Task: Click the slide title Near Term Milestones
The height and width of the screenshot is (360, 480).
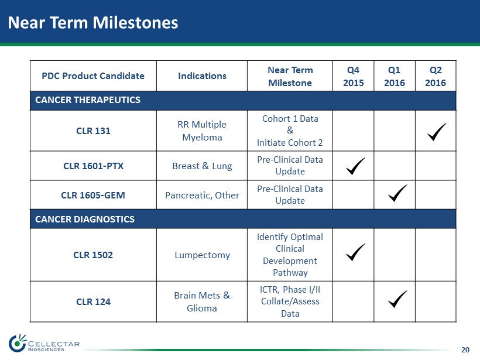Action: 92,23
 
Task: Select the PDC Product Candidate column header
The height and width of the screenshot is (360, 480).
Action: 93,76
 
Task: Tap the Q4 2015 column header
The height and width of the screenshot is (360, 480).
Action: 353,76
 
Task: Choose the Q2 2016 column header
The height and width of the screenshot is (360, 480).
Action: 436,76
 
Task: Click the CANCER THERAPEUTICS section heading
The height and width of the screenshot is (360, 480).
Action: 88,100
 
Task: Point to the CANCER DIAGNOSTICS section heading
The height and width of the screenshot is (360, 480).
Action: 85,219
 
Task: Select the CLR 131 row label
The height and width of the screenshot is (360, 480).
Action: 94,131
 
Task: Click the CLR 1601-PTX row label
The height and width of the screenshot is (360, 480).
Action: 94,166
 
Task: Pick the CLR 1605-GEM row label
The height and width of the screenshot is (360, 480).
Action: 93,195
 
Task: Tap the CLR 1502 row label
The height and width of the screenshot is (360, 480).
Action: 93,255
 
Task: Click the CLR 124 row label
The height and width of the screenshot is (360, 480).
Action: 94,301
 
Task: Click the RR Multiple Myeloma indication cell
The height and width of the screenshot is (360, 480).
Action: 202,131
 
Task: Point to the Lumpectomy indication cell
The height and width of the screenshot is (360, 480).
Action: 203,255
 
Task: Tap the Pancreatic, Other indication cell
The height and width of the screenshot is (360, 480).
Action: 202,195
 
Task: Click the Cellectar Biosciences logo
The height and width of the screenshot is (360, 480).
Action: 44,344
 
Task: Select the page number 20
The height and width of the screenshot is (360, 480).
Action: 465,349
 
